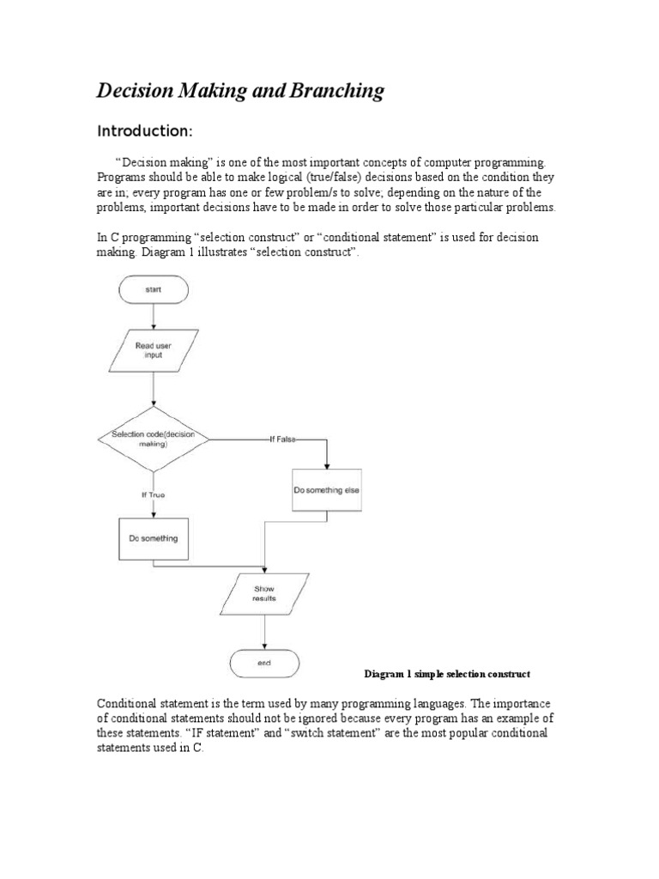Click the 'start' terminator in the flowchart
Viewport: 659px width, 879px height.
[154, 290]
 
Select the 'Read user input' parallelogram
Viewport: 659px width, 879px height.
[154, 349]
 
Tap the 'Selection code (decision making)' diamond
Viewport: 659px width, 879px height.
[153, 439]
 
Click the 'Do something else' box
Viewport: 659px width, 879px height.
[327, 489]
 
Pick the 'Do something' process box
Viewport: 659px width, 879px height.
[153, 539]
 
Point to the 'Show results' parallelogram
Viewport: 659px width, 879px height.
[263, 593]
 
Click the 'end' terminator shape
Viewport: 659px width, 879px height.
[263, 663]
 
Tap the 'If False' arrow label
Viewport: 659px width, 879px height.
[281, 439]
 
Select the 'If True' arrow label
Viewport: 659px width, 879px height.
[153, 495]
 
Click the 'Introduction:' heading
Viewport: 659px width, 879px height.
[144, 131]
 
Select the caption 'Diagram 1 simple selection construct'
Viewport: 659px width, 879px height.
[447, 673]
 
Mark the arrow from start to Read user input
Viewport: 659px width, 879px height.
[154, 317]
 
